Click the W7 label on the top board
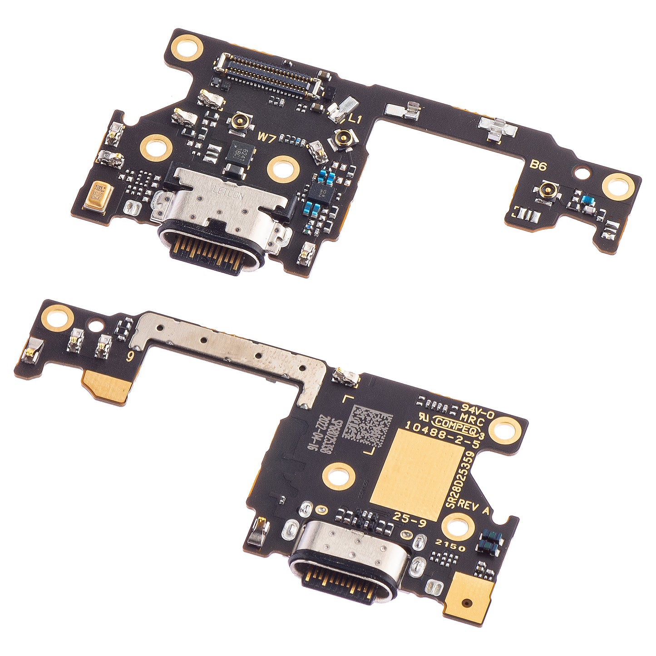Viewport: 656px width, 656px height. [x=266, y=137]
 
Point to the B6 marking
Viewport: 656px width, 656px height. [x=538, y=166]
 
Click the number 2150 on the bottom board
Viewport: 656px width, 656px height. [x=450, y=545]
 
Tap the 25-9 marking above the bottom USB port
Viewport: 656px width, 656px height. [x=409, y=521]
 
